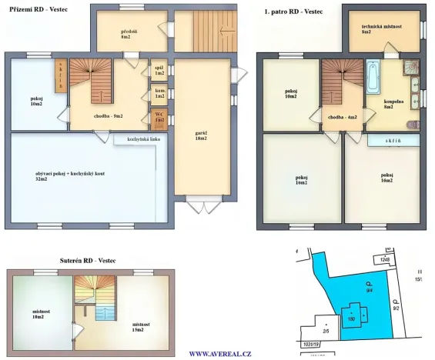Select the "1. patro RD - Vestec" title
coord(293,12)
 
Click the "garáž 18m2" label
coord(202,135)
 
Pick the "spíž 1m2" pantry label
coord(159,70)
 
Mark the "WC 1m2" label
coord(159,118)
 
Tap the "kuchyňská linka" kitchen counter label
coord(136,139)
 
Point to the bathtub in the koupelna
coord(373,78)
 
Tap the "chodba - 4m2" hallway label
coord(342,117)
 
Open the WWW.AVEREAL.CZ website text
coord(220,354)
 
